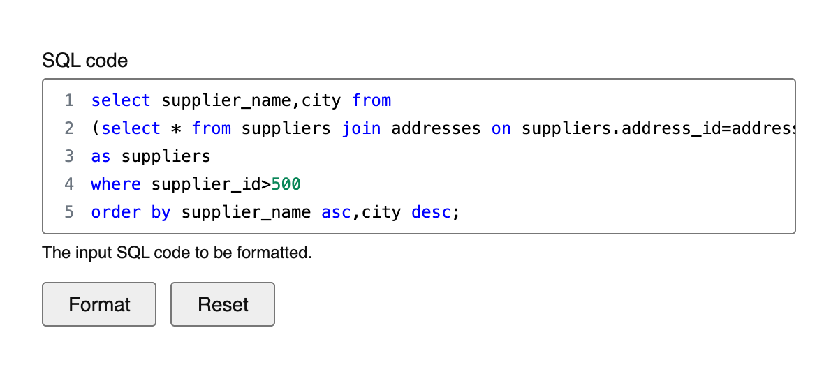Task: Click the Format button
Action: pos(99,304)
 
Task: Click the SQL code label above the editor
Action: pos(85,61)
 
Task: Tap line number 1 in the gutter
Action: pos(69,100)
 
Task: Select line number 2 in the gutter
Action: pos(69,128)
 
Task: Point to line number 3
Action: pos(69,156)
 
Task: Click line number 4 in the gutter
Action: pos(69,184)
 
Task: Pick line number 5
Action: pos(69,212)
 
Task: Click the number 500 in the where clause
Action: pos(286,184)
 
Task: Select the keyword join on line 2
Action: pos(362,128)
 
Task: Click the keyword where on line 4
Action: pos(116,184)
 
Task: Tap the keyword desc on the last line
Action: pos(432,212)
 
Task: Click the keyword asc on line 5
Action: pos(337,213)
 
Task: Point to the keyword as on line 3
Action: pos(101,157)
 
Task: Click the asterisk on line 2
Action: pos(176,129)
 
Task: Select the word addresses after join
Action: pos(436,128)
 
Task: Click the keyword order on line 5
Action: pos(116,212)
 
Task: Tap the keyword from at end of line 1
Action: pos(372,100)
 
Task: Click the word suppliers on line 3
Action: pos(166,157)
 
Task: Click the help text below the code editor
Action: pos(177,253)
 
